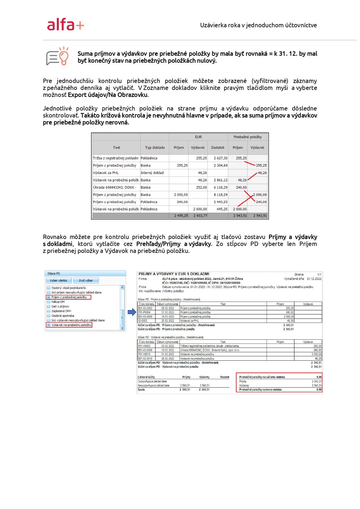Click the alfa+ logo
tap(66, 25)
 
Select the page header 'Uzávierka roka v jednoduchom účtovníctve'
tap(258, 25)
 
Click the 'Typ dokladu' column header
tap(155, 148)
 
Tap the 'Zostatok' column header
tap(218, 148)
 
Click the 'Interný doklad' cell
tap(152, 173)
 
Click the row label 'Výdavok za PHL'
tap(106, 173)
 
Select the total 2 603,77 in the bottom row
tap(200, 216)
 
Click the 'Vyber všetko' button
tap(58, 280)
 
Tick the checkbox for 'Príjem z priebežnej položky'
tap(49, 297)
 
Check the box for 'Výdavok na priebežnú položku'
tap(49, 325)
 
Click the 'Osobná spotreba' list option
tap(63, 316)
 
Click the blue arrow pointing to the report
tap(132, 312)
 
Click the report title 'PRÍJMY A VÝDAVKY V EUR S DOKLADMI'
tap(174, 274)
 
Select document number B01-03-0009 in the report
tap(145, 317)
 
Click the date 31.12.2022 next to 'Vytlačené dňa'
tap(314, 279)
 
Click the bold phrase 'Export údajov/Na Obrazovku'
tap(108, 95)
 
